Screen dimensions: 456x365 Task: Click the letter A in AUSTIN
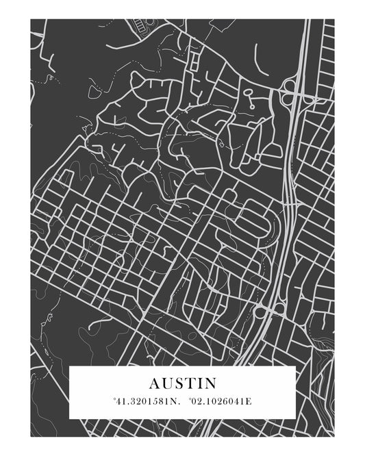[153, 383]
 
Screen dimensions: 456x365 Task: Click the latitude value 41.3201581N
[142, 401]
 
